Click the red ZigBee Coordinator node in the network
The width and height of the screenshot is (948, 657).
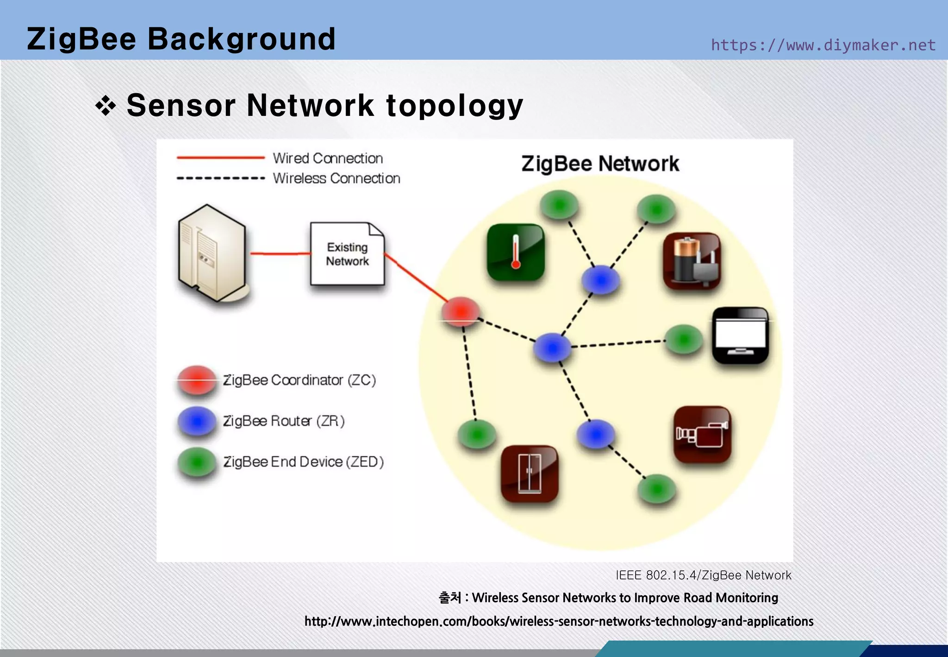(x=461, y=312)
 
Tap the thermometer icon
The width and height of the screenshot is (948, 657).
(x=516, y=253)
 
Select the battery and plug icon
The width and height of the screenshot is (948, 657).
(x=692, y=261)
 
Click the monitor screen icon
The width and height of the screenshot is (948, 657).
(x=740, y=335)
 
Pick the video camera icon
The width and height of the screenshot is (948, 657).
(x=702, y=434)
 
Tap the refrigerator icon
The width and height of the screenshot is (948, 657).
(x=530, y=474)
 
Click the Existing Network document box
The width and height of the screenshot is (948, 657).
(x=347, y=254)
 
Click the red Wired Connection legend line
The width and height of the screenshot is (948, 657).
(x=220, y=158)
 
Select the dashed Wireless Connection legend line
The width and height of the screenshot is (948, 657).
(x=220, y=178)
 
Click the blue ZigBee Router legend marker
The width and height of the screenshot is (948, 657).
(x=197, y=421)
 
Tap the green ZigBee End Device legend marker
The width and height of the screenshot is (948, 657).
(x=197, y=462)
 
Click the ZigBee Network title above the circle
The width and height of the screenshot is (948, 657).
(x=600, y=164)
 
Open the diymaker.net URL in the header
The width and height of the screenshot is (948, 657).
(x=823, y=45)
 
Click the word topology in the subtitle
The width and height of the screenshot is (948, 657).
(x=455, y=105)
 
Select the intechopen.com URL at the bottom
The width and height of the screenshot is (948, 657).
(x=559, y=621)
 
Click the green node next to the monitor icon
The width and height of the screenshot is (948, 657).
(x=684, y=340)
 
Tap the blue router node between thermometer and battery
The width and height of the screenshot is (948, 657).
(x=601, y=280)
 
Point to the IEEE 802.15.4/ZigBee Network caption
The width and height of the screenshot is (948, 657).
(x=703, y=575)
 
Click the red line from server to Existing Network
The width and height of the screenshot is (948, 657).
(x=280, y=253)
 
